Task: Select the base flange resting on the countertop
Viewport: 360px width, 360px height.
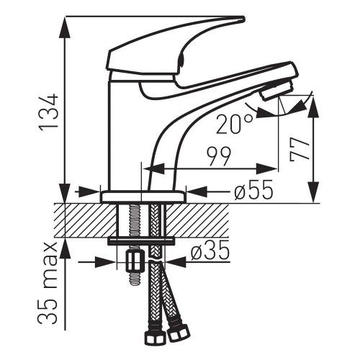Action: click(x=143, y=196)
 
